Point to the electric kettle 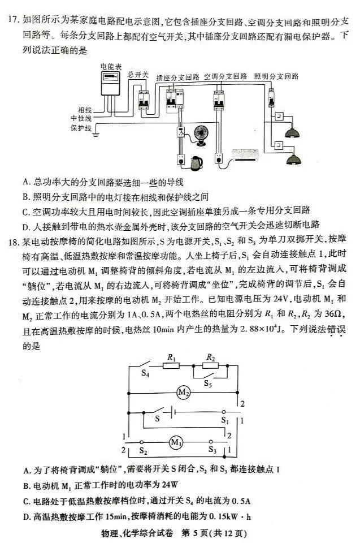click(x=196, y=162)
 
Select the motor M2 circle click(x=183, y=392)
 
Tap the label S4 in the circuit click(x=145, y=374)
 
